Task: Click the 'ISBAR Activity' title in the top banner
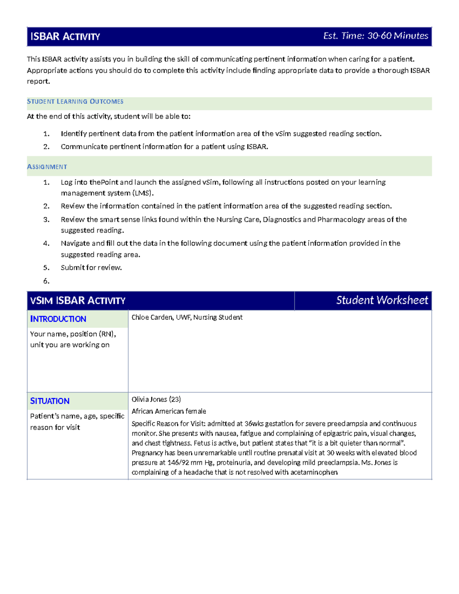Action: pyautogui.click(x=65, y=37)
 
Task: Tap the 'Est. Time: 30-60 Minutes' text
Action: pyautogui.click(x=375, y=36)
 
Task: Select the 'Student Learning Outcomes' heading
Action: pyautogui.click(x=75, y=102)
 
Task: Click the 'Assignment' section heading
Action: pyautogui.click(x=47, y=167)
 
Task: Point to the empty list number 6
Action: pyautogui.click(x=46, y=281)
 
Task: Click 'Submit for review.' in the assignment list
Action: pyautogui.click(x=91, y=268)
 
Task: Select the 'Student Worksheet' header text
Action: pyautogui.click(x=382, y=300)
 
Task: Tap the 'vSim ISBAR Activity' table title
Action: pyautogui.click(x=78, y=301)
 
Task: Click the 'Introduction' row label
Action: pyautogui.click(x=58, y=319)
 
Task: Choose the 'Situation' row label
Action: pyautogui.click(x=50, y=401)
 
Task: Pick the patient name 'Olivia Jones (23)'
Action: pyautogui.click(x=156, y=399)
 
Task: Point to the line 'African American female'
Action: pyautogui.click(x=169, y=412)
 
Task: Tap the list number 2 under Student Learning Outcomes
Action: pyautogui.click(x=46, y=147)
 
